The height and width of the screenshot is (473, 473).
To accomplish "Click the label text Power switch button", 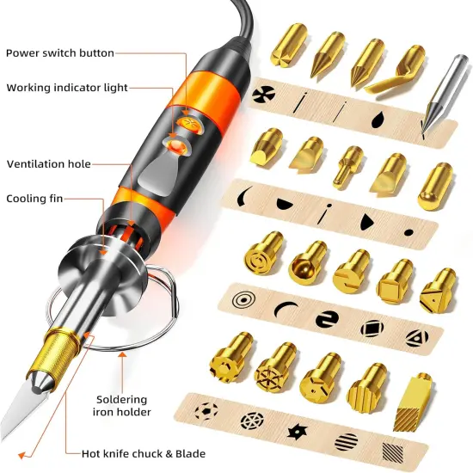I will (x=59, y=53).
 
